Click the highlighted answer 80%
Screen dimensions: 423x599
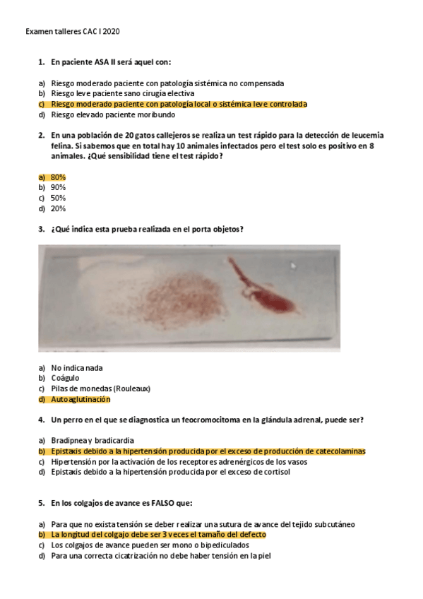58,177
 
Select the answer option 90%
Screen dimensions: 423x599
58,187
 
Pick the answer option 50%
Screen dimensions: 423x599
58,198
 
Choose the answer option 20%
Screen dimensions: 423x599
58,208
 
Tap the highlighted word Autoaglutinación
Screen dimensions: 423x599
81,399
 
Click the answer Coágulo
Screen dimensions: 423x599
65,378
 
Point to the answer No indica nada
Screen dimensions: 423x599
77,367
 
